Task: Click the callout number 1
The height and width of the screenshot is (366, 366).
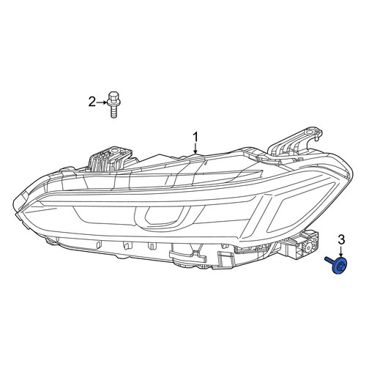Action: pyautogui.click(x=195, y=138)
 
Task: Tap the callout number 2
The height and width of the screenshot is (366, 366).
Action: pyautogui.click(x=91, y=102)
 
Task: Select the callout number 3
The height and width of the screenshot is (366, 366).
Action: pyautogui.click(x=341, y=240)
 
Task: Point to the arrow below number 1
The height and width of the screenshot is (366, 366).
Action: pyautogui.click(x=195, y=149)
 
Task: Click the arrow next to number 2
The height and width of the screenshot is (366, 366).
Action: pyautogui.click(x=102, y=102)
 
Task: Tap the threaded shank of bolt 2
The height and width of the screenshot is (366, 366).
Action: pyautogui.click(x=113, y=112)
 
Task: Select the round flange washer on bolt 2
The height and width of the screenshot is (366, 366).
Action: pyautogui.click(x=113, y=103)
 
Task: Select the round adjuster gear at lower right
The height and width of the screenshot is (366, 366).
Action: pyautogui.click(x=310, y=248)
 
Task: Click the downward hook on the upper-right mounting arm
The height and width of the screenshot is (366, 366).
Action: pyautogui.click(x=317, y=138)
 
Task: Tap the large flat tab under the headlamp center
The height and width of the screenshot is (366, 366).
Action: pyautogui.click(x=187, y=255)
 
